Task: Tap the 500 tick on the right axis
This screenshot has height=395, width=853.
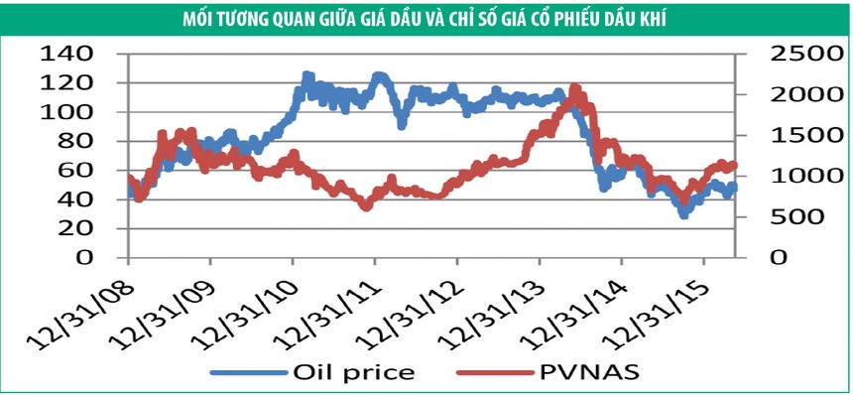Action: click(x=791, y=216)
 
